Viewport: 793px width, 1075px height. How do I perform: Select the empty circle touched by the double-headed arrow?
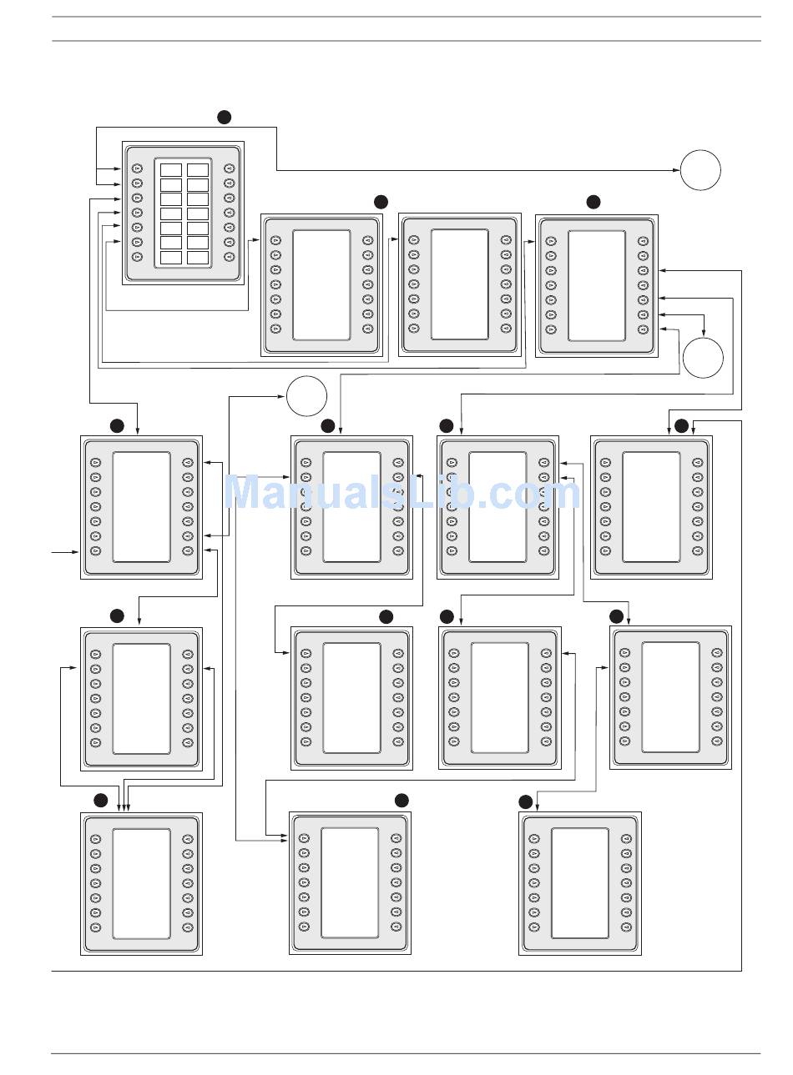click(x=703, y=358)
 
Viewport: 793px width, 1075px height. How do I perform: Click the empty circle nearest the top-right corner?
click(x=700, y=170)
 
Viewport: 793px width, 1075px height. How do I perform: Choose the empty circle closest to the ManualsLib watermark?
click(x=306, y=395)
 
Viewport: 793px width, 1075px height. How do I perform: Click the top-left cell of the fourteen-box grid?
click(x=170, y=169)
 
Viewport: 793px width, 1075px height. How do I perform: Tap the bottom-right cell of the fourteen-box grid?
click(x=198, y=258)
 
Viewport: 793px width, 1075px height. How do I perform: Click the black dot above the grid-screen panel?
click(x=224, y=117)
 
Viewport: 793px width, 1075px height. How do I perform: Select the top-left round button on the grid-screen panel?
click(x=137, y=169)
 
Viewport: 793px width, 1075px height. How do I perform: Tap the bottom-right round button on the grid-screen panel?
click(x=230, y=257)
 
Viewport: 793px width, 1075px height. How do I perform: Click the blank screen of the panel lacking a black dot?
click(x=459, y=284)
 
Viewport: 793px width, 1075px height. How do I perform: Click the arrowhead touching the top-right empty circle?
click(x=676, y=170)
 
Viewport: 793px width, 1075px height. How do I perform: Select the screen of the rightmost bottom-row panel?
click(x=580, y=882)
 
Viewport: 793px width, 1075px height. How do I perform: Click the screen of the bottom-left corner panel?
click(x=141, y=883)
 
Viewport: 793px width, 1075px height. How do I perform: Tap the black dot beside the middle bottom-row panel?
click(x=402, y=800)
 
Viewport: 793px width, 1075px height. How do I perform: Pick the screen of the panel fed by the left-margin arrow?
click(x=141, y=507)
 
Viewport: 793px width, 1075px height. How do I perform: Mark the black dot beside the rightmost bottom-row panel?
click(x=525, y=801)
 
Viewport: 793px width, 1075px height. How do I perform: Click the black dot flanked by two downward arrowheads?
click(x=682, y=426)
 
